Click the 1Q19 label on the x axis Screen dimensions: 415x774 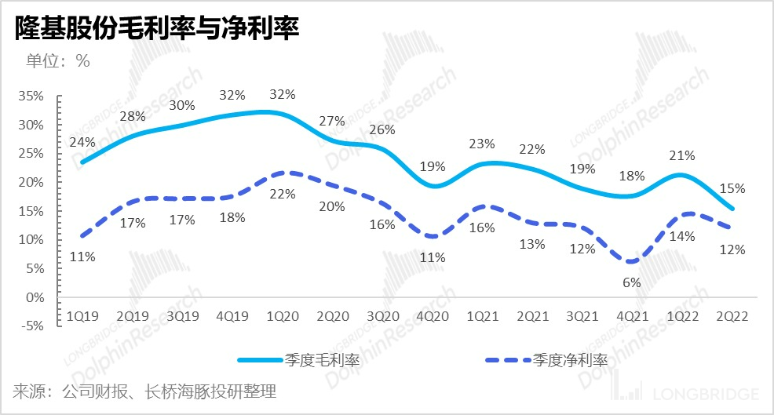point(82,316)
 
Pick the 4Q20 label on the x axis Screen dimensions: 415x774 point(432,316)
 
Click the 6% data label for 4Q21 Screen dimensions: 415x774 point(632,282)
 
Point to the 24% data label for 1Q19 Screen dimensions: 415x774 point(82,142)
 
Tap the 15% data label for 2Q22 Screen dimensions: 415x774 point(732,188)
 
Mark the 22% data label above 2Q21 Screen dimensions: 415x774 point(532,149)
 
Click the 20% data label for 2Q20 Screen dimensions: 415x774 point(332,206)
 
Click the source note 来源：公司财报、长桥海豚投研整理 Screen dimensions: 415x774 point(144,391)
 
